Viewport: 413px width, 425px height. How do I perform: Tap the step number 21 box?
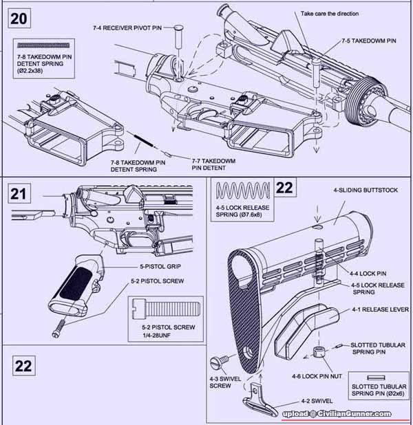click(21, 193)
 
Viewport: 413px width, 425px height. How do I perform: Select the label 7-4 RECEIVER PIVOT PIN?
click(128, 27)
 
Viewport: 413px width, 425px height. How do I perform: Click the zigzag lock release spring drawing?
click(242, 188)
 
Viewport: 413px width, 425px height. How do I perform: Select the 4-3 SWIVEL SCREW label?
click(220, 381)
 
